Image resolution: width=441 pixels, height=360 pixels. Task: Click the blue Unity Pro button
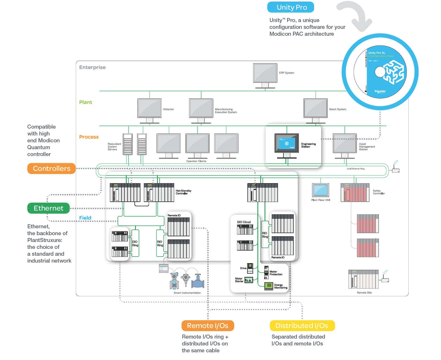tap(291, 7)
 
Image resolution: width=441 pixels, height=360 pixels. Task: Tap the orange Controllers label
tap(51, 169)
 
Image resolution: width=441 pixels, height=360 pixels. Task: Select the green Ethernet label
tap(48, 208)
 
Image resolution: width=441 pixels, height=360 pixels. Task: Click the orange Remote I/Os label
tap(208, 326)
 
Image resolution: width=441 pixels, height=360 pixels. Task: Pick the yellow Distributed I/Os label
tap(302, 326)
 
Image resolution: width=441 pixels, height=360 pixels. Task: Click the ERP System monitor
tap(265, 73)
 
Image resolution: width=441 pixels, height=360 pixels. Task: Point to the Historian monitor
tap(149, 108)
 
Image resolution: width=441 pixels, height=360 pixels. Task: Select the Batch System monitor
tap(315, 108)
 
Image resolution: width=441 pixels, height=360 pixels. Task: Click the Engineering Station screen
tap(287, 143)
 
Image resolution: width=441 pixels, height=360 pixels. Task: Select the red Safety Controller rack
tap(355, 193)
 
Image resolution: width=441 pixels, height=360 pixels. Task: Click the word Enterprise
tap(92, 67)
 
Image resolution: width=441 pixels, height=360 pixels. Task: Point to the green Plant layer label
tap(86, 102)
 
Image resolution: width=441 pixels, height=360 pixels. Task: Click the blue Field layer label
tap(85, 218)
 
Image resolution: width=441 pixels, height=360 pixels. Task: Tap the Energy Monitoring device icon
tap(269, 285)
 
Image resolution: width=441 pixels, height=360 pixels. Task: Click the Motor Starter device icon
tap(249, 280)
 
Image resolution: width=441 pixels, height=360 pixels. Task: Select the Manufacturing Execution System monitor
tap(201, 108)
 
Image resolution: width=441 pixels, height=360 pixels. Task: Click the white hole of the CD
tap(380, 72)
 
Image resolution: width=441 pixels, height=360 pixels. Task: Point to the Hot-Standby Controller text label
tap(183, 192)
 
